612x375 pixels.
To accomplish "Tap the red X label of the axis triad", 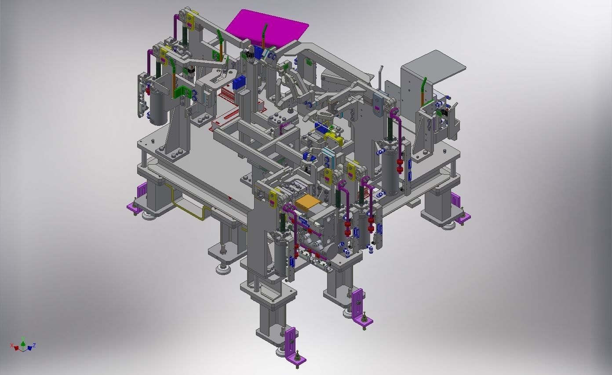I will click(12, 345).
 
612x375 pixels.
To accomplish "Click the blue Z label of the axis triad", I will click(34, 345).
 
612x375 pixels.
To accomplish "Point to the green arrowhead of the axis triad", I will click(23, 342).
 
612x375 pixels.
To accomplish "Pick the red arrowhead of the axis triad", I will click(17, 348).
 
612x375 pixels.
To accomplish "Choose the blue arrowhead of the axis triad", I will click(29, 348).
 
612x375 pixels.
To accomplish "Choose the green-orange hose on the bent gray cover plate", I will click(423, 90).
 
